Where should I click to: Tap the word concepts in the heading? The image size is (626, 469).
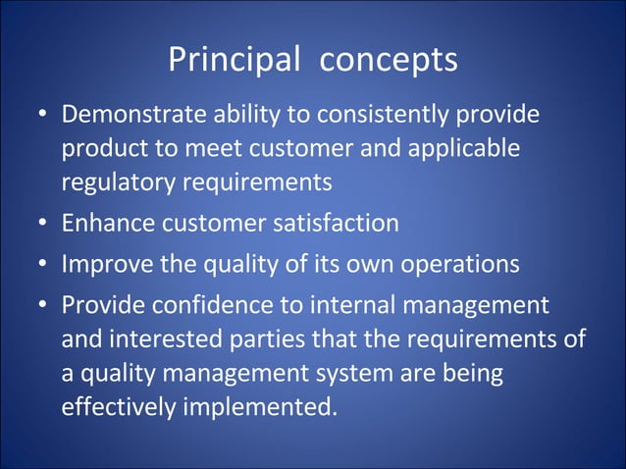(x=390, y=60)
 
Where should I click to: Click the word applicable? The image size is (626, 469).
(x=463, y=150)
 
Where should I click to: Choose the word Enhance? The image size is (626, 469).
(x=105, y=224)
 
